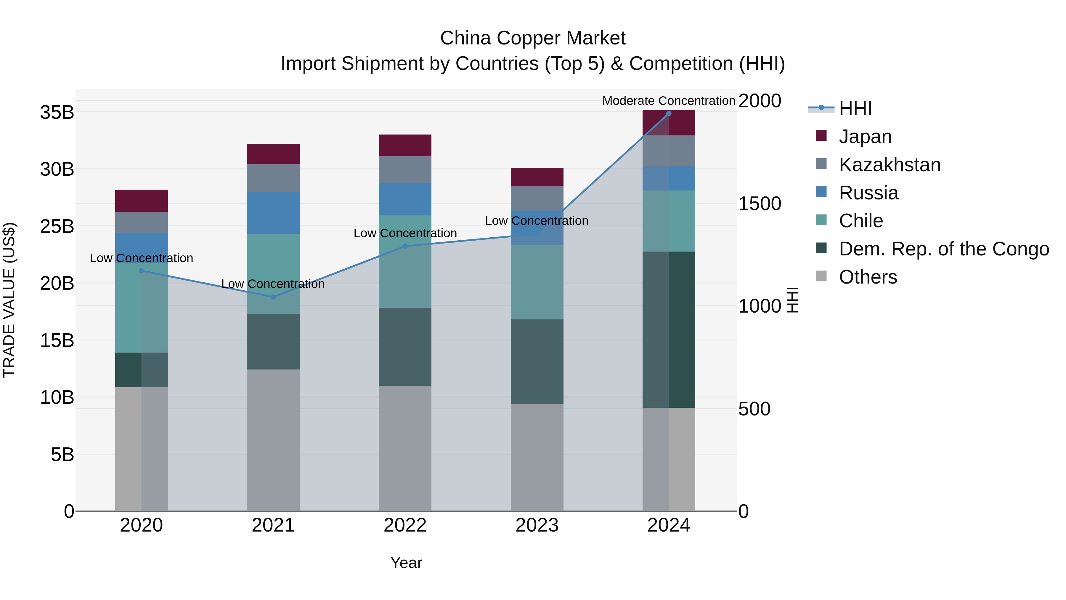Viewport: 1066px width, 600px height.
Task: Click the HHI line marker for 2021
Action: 273,297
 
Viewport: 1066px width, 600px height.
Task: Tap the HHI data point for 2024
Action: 669,113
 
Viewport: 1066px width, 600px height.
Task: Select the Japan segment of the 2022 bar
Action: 405,145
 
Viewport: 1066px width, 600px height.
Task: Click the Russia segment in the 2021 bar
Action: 273,213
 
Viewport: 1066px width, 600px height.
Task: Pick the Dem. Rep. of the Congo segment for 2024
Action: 669,329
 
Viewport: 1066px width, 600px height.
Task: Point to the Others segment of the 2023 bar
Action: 537,457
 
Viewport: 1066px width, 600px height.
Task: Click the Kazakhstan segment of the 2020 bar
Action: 142,222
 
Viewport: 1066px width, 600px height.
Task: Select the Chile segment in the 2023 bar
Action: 537,282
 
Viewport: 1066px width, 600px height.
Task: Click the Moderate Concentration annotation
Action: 668,101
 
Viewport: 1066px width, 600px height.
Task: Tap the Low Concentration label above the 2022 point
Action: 405,233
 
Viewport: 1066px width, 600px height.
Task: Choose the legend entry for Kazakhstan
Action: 890,165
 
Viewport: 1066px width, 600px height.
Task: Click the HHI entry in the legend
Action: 855,108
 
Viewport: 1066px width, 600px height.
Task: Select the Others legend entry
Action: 868,277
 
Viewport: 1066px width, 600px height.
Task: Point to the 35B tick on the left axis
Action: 57,113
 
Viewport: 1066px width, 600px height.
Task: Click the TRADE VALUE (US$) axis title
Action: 9,300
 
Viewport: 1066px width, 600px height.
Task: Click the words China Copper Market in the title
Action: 533,38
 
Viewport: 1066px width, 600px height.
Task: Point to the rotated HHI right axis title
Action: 792,300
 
